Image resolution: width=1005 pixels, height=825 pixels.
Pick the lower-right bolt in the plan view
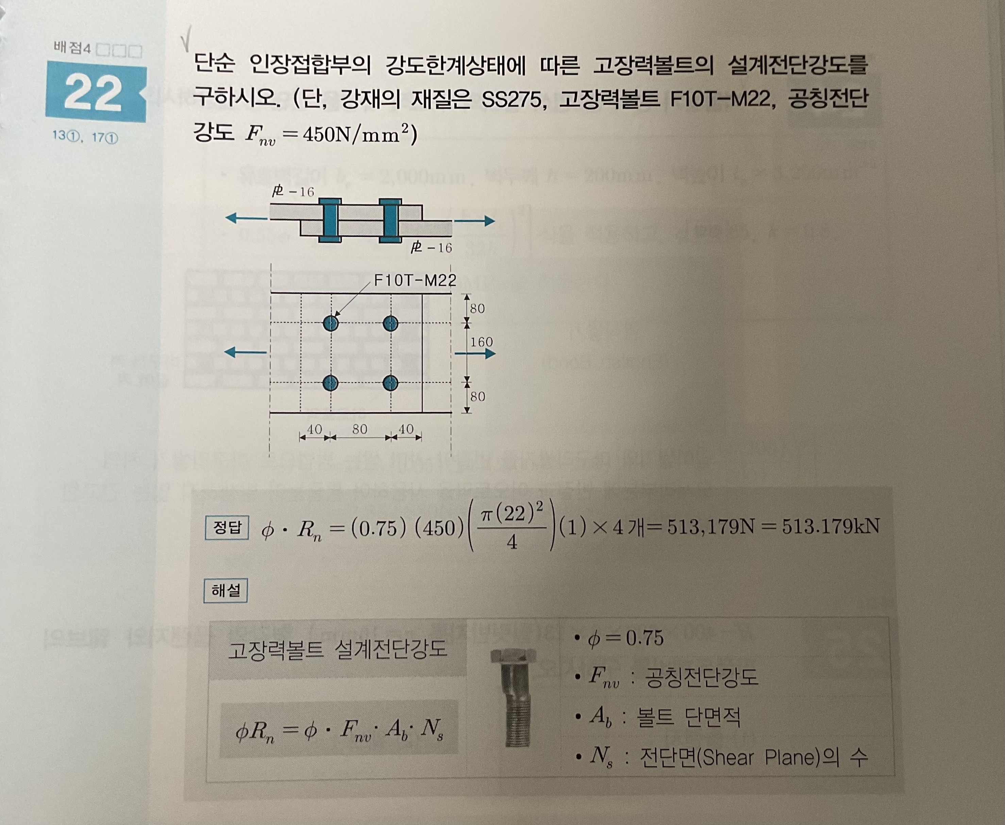[390, 382]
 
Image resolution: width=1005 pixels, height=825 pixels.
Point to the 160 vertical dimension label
[481, 342]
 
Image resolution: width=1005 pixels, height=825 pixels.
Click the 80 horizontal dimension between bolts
[360, 429]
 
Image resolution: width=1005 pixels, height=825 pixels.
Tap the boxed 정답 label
[227, 527]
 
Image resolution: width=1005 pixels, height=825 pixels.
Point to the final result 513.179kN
[831, 526]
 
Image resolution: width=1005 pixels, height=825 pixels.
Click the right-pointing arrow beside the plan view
[475, 353]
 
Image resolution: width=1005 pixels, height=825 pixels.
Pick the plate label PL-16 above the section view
[293, 191]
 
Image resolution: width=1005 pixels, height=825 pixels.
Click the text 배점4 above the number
[72, 49]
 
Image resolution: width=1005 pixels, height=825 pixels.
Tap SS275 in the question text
[513, 100]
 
